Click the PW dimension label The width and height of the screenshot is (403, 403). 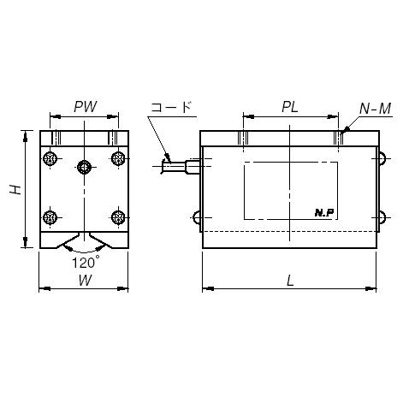point(86,107)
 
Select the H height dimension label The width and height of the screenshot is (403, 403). point(15,190)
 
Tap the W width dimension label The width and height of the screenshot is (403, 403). point(85,281)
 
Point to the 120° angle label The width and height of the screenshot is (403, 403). point(86,262)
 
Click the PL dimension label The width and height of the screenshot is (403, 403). point(290,107)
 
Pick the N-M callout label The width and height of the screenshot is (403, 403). point(375,109)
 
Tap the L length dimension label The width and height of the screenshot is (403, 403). point(290,282)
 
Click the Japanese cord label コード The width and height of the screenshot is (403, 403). point(170,107)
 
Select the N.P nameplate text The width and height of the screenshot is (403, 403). point(324,212)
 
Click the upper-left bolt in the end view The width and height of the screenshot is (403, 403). point(50,158)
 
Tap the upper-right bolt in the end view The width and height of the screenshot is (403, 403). point(118,158)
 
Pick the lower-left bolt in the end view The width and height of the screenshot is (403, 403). point(50,217)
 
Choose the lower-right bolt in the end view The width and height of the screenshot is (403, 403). point(118,217)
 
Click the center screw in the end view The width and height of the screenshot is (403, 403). point(84,167)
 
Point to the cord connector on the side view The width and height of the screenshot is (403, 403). point(182,166)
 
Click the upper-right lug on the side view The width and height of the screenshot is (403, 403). point(382,158)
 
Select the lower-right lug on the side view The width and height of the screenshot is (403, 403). point(382,217)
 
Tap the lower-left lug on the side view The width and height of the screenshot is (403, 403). point(197,217)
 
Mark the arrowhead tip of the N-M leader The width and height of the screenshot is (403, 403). point(341,133)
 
